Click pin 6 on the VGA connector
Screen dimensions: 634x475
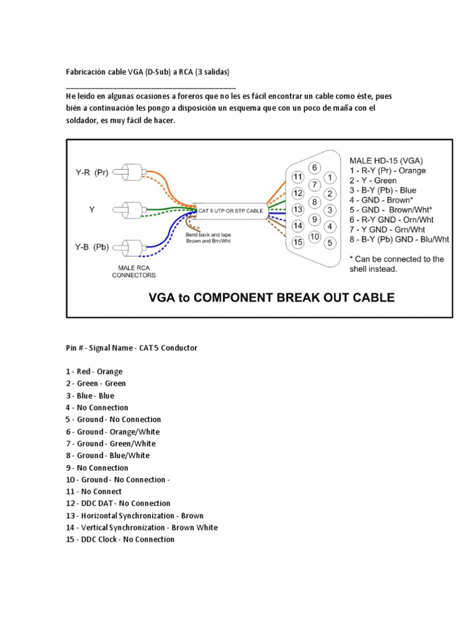click(314, 168)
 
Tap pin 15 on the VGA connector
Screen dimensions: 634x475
click(297, 242)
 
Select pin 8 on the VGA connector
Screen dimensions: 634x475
click(314, 202)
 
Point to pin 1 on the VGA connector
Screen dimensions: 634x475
click(330, 177)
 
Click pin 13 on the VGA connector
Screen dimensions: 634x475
click(297, 209)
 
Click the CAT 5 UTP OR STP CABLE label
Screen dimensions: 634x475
click(230, 211)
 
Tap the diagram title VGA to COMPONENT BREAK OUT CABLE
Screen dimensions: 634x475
click(272, 298)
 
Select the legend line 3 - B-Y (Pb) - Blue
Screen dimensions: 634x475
click(382, 190)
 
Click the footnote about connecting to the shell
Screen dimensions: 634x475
click(396, 264)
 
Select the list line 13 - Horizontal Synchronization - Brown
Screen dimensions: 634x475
click(134, 515)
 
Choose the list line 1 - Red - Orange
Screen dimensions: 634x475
click(94, 371)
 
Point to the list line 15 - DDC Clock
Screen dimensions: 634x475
click(120, 539)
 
